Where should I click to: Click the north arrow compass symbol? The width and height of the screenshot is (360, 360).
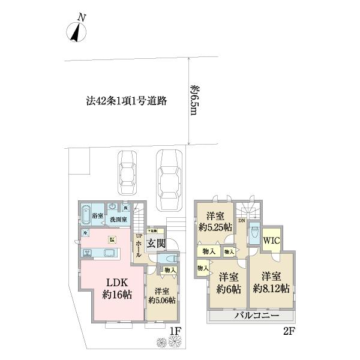(76, 31)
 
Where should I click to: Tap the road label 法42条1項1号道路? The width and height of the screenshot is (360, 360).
(126, 101)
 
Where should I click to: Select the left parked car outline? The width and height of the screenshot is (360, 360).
(127, 169)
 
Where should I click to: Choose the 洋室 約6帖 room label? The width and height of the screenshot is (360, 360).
(229, 283)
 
